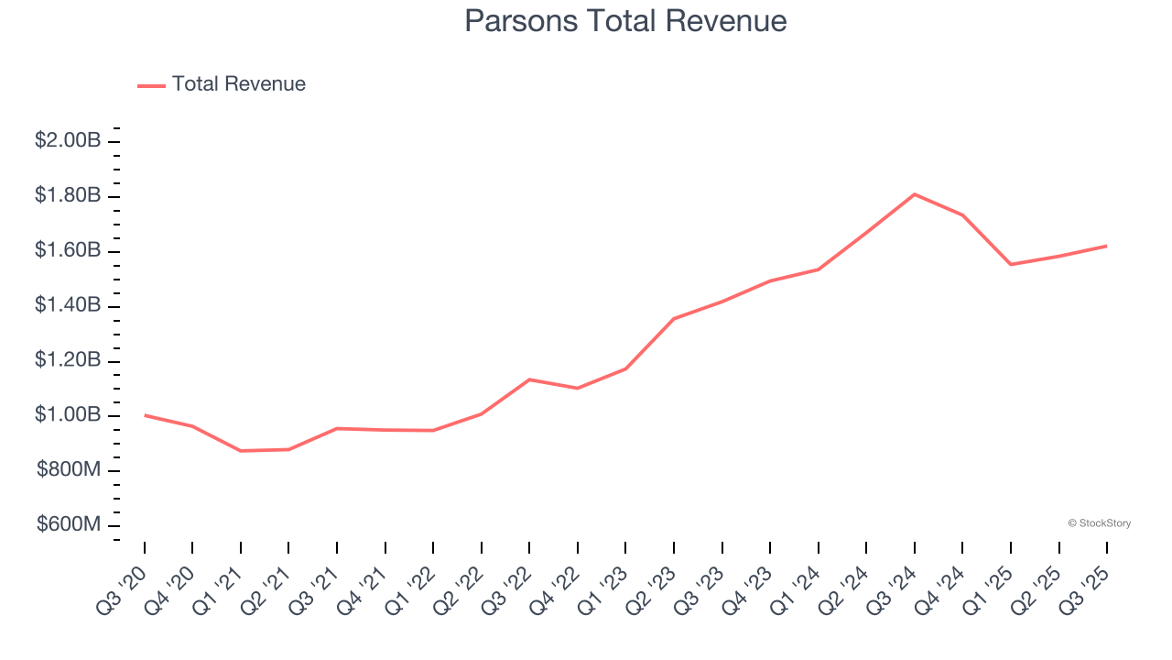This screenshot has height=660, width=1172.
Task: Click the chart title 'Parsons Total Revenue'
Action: [625, 21]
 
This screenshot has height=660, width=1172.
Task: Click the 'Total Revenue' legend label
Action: [238, 84]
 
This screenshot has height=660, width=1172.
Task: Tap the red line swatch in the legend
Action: [151, 85]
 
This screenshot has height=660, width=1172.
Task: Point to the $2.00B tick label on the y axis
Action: [68, 141]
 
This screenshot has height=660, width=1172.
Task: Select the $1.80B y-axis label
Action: [68, 196]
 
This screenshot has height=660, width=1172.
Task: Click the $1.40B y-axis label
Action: [68, 306]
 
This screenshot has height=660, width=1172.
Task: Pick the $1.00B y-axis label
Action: [68, 416]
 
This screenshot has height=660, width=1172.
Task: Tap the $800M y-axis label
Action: [69, 471]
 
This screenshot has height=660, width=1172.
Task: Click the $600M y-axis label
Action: [69, 525]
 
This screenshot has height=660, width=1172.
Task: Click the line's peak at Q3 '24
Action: [915, 194]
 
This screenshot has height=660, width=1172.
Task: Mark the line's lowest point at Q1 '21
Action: [241, 451]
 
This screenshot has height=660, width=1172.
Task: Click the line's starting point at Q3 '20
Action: [145, 415]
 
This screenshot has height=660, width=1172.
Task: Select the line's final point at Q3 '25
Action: [1107, 246]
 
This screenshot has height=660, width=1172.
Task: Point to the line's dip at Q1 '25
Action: [1011, 264]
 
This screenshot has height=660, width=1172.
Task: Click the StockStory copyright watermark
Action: [1099, 523]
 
